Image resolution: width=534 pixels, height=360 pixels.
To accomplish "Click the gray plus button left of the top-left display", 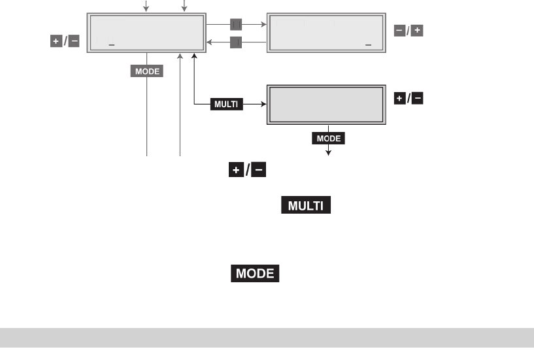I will pos(56,41).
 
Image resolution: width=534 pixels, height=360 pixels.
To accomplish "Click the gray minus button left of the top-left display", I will pos(74,41).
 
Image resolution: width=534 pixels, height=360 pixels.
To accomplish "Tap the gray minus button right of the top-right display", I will pos(399,31).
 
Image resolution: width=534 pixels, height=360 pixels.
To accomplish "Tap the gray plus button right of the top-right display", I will pos(417,31).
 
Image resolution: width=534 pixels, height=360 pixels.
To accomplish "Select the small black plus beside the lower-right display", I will pos(399,98).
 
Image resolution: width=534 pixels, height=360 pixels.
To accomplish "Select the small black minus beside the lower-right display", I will pos(417,98).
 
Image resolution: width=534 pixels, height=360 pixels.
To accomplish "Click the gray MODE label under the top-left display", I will pos(147,71).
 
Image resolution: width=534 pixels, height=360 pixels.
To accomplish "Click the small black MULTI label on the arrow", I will pos(227,103).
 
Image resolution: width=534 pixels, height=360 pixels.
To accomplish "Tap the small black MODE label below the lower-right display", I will pos(328,139).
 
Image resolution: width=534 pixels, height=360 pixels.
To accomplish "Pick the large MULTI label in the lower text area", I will pos(307,206).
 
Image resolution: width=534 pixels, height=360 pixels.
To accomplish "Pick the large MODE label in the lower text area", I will pos(255,274).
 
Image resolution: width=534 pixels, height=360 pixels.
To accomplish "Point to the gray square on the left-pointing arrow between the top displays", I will pos(236,43).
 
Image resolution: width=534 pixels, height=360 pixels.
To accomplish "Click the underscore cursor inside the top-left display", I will pos(112,45).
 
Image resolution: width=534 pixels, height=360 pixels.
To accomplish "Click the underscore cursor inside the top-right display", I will pos(369,45).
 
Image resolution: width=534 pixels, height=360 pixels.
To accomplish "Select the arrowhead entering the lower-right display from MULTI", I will pos(264,103).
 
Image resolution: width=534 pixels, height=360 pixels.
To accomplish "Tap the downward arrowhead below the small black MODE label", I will pos(328,152).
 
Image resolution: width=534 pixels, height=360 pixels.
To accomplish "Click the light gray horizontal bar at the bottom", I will pos(267,337).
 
